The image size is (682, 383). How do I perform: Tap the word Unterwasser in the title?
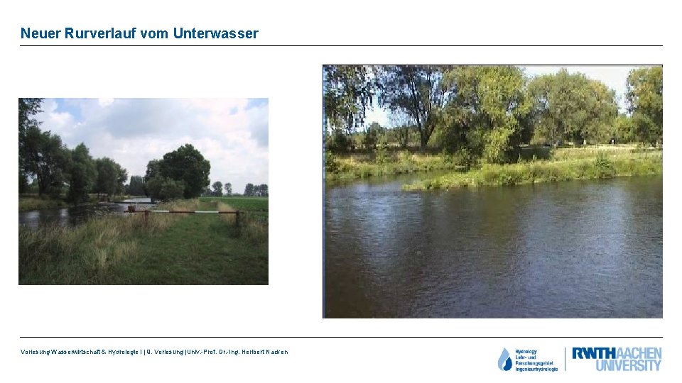pos(215,33)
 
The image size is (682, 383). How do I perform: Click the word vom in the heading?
pos(154,33)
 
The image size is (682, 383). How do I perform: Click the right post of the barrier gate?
pos(237,218)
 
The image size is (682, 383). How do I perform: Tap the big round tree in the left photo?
pos(184,168)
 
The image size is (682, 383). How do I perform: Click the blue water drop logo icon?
pos(504,360)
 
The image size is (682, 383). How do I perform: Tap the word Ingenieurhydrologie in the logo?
pos(536,369)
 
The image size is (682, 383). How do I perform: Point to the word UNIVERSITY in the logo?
pos(628,366)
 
